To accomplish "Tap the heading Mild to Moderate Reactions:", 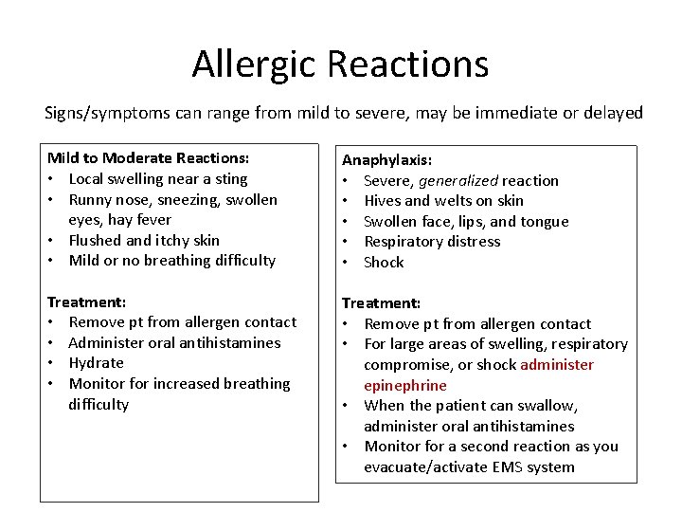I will click(x=149, y=158).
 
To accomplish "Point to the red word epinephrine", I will click(x=405, y=385).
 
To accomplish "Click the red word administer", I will click(x=557, y=365).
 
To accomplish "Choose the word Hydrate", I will click(x=97, y=363).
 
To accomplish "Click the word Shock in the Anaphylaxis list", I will click(x=384, y=263).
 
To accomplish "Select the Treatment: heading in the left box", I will click(x=86, y=302).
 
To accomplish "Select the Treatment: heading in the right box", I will click(x=381, y=303).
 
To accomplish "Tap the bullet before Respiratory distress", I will click(x=348, y=242).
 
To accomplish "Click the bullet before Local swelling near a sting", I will click(x=54, y=179).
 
